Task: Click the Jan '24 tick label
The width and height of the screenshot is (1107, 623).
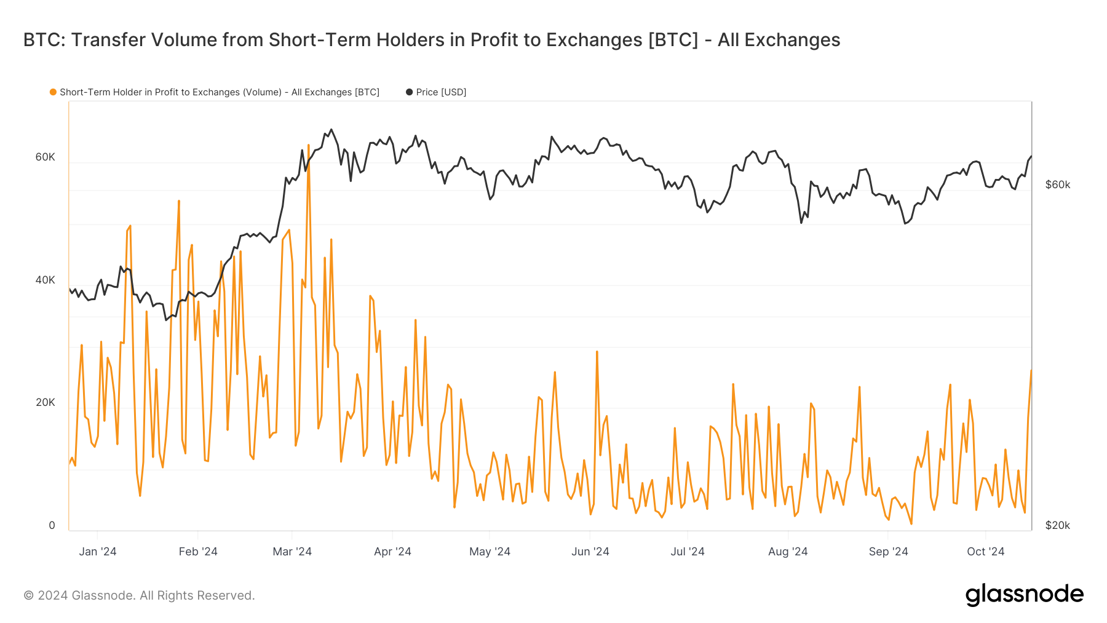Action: (x=97, y=552)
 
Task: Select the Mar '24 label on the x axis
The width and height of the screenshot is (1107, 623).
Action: (x=292, y=552)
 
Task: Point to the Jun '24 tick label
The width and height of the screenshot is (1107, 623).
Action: (x=590, y=552)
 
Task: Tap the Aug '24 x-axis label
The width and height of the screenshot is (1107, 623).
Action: (x=788, y=552)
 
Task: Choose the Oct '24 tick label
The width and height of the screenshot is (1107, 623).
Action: (x=985, y=552)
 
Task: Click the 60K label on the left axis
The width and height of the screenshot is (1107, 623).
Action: (x=45, y=157)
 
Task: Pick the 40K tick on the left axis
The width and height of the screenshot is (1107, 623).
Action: (x=45, y=280)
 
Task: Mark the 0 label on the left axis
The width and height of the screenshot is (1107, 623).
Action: (x=52, y=525)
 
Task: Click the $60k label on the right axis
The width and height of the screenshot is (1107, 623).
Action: (x=1058, y=185)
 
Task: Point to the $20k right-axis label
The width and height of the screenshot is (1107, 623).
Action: (x=1058, y=525)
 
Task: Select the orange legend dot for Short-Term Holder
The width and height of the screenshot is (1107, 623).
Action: (x=53, y=92)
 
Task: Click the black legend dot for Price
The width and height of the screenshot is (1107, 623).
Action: (x=409, y=92)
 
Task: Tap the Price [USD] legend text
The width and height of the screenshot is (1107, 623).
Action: (x=441, y=92)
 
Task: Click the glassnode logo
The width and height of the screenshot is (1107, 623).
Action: (x=1024, y=595)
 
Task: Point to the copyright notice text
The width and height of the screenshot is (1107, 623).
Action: (x=139, y=595)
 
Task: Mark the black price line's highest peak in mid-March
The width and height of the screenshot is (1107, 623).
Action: (x=331, y=130)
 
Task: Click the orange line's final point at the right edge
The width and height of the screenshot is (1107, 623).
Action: (x=1031, y=370)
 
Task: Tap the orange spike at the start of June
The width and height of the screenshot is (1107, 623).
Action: (x=597, y=352)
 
